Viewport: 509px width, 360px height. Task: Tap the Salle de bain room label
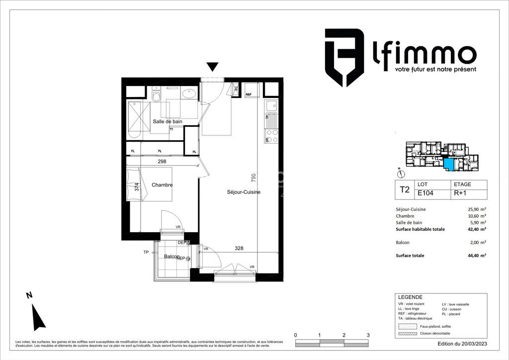pos(168,121)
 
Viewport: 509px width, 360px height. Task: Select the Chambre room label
pos(162,185)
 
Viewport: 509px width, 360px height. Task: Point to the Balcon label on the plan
pos(171,256)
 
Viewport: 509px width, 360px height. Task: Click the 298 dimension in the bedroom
pos(162,162)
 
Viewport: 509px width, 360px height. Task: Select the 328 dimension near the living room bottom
pos(239,248)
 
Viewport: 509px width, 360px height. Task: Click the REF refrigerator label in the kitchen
pos(249,93)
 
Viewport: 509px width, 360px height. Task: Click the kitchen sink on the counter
pos(271,105)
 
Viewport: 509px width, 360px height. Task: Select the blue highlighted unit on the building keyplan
pos(448,165)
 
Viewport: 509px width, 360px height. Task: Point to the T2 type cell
pos(404,189)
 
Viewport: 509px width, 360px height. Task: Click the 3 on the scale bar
pos(368,335)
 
